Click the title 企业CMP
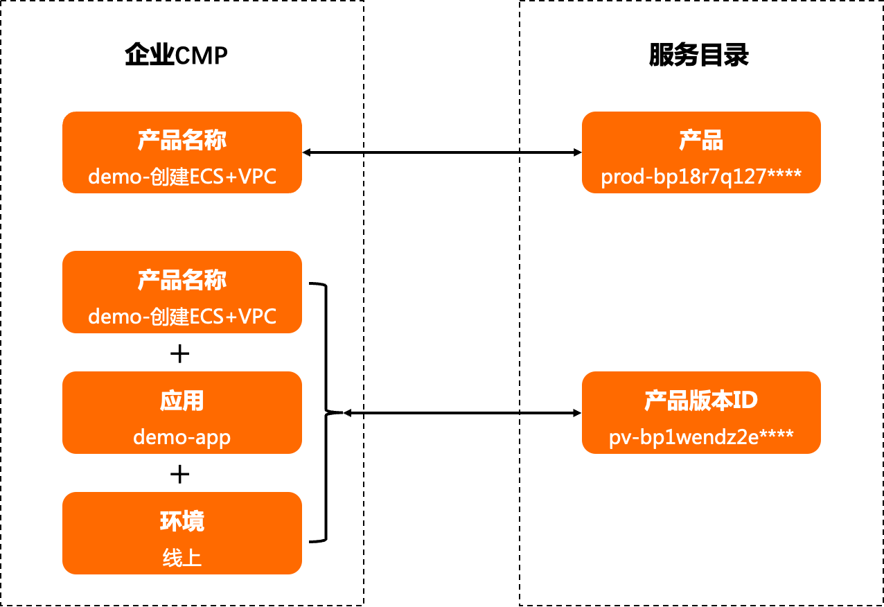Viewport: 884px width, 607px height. point(176,55)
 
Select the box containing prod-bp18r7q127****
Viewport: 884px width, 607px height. point(701,152)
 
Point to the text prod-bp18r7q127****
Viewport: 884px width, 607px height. point(701,177)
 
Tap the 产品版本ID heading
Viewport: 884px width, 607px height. point(701,401)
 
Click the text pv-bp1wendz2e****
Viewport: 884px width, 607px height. point(701,438)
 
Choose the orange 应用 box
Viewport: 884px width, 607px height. point(182,413)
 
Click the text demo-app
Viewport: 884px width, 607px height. point(182,437)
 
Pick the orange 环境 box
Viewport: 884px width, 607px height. point(182,533)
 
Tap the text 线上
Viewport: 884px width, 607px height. point(182,558)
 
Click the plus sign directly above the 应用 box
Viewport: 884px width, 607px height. point(179,354)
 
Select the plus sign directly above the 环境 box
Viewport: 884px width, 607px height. point(179,474)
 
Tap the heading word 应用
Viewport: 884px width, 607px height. point(182,401)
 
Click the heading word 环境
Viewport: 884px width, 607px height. point(182,521)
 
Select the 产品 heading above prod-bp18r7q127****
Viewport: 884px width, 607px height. point(701,141)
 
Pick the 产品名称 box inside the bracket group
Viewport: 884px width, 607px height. point(182,292)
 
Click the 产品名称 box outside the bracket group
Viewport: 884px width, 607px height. point(182,152)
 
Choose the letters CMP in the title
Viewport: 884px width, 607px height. point(201,55)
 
